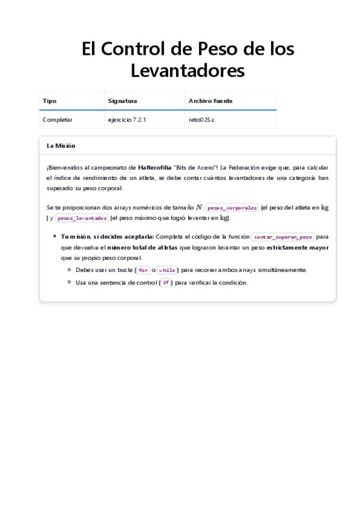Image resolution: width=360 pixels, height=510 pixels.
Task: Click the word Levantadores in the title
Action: [188, 70]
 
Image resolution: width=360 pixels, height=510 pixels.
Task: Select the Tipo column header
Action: [49, 101]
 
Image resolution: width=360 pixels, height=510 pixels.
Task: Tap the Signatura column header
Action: [122, 101]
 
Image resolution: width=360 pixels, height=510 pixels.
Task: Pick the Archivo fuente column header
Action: [210, 101]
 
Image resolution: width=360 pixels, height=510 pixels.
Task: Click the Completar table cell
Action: [57, 120]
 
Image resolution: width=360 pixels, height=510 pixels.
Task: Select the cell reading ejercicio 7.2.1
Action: [127, 120]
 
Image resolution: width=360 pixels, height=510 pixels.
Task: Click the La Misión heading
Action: [61, 146]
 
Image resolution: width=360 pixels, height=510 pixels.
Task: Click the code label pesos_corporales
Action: [232, 207]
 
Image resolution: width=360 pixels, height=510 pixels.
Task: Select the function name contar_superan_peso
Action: [283, 237]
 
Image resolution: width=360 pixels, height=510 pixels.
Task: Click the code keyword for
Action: [143, 270]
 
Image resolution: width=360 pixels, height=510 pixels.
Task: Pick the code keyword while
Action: [166, 270]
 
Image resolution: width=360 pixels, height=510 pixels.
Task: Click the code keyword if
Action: [166, 283]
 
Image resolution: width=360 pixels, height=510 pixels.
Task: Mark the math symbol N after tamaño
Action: [199, 207]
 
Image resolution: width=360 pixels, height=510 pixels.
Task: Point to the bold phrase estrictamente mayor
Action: [297, 247]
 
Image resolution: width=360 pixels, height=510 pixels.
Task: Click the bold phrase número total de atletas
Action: [142, 247]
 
